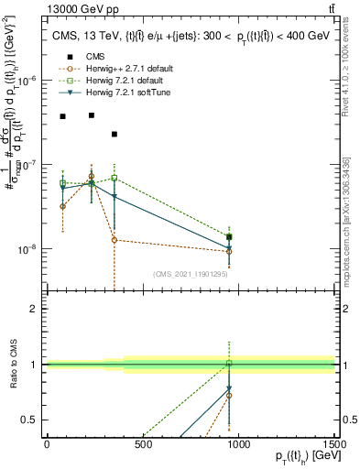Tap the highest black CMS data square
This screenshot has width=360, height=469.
92,115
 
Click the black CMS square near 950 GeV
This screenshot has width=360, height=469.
229,237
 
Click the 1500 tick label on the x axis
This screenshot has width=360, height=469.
334,446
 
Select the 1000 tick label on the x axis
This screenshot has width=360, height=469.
238,446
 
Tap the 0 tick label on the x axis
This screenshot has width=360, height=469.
47,446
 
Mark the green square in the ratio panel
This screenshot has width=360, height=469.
229,364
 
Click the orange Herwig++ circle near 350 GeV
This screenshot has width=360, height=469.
115,240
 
